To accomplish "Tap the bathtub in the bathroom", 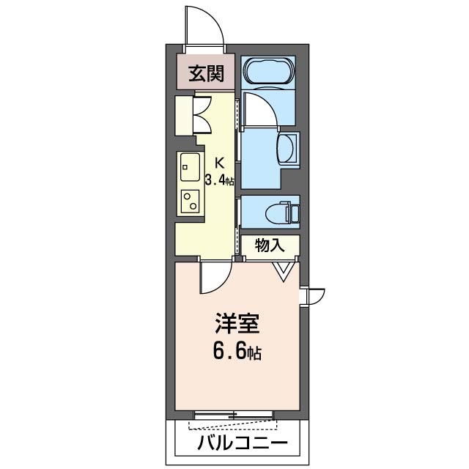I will pos(268,73).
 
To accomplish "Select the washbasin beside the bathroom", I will pos(289,149).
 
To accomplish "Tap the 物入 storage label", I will pos(269,245).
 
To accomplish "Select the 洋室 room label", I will pos(234,323).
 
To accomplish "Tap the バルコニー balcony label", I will pos(237,443).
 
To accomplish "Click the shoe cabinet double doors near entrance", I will pos(202,114).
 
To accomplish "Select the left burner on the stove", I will pos(185,196).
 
